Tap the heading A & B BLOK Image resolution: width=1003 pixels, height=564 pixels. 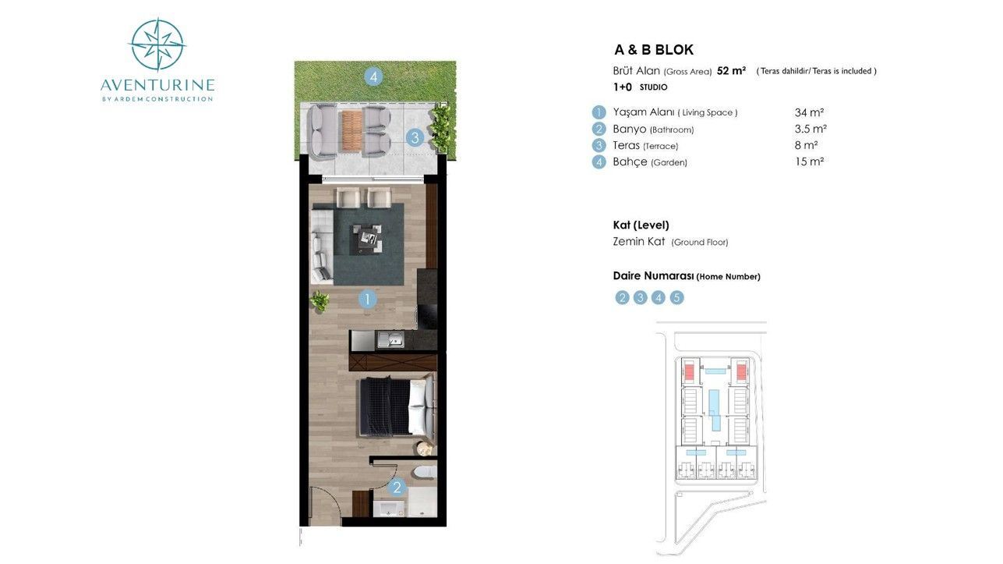(x=653, y=50)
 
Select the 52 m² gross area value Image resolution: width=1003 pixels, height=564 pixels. (x=731, y=71)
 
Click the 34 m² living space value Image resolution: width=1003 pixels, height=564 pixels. (x=809, y=112)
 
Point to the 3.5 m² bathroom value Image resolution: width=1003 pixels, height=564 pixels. (x=811, y=129)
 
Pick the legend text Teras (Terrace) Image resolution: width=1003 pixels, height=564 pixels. (x=645, y=146)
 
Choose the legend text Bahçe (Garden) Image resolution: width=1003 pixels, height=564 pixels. (x=650, y=162)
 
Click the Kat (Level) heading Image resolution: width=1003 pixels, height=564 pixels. (x=641, y=225)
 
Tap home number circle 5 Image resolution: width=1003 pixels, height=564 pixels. (x=676, y=297)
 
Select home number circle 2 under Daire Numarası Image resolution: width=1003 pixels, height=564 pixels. (x=622, y=297)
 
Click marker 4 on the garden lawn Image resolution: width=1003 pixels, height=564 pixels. (x=374, y=76)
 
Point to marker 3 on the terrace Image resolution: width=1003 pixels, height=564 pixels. (x=415, y=138)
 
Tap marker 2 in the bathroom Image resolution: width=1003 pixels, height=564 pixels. (x=397, y=488)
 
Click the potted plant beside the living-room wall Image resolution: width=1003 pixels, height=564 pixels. (x=319, y=300)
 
